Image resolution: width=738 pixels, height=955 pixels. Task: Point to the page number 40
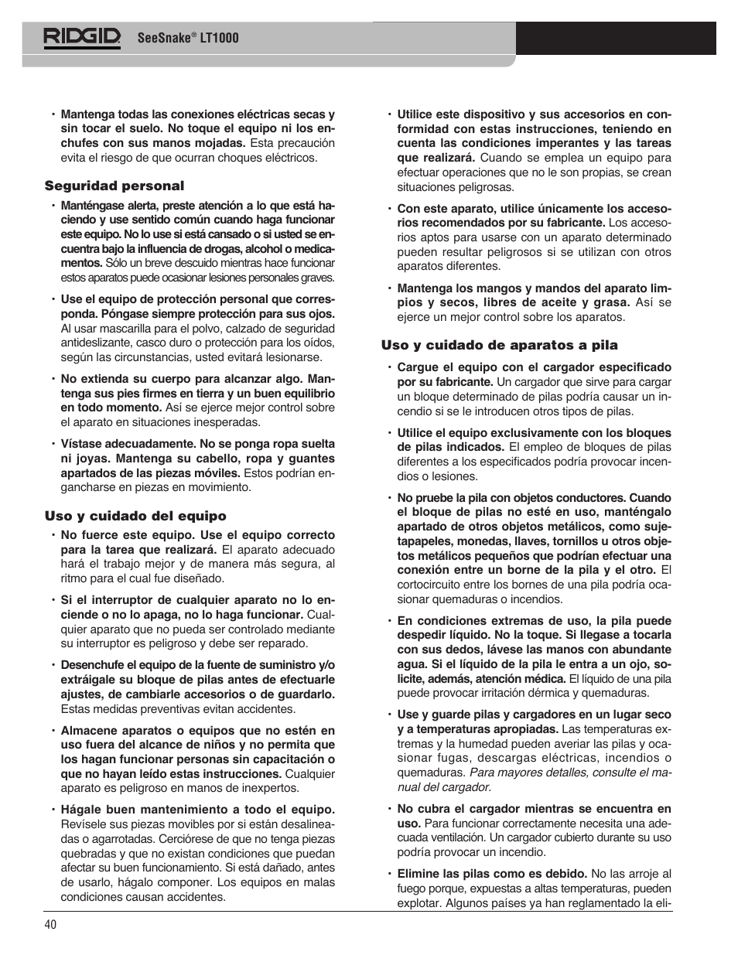coord(51,925)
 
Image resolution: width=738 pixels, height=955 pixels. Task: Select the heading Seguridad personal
coord(114,186)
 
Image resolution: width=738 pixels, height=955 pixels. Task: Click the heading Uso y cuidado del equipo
coord(135,516)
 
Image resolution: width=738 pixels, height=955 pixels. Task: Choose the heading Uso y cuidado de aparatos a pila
coord(499,346)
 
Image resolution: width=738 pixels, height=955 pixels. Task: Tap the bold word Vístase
coord(80,444)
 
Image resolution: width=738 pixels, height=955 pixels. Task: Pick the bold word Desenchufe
coord(92,665)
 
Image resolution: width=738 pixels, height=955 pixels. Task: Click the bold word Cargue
coord(418,367)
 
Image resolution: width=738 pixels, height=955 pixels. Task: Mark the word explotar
coord(419,902)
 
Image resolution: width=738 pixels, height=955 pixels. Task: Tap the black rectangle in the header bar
coord(616,38)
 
